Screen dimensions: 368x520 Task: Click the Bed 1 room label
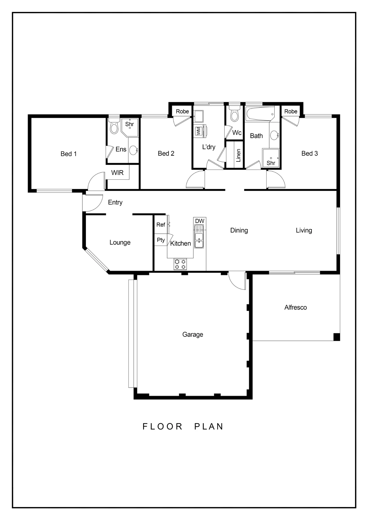point(68,154)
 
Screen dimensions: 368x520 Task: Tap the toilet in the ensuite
point(114,126)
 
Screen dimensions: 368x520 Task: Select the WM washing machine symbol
point(198,131)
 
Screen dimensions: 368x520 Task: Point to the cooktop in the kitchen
point(180,264)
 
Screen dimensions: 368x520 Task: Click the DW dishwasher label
point(200,221)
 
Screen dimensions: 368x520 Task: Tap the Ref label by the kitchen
point(161,225)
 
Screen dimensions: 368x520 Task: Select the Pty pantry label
point(161,240)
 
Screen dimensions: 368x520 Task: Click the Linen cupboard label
point(238,155)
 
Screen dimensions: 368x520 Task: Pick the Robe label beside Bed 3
point(291,112)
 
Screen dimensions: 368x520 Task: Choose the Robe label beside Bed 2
point(182,112)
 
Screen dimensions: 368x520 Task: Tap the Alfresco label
point(295,307)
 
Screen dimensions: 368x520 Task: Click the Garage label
point(193,334)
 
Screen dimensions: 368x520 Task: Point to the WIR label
point(117,173)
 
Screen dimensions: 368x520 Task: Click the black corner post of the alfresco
point(337,337)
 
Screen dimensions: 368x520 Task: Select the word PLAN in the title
point(209,427)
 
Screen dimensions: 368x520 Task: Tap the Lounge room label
point(120,243)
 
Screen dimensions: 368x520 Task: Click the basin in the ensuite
point(134,150)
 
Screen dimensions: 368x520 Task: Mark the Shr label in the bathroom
point(271,163)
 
